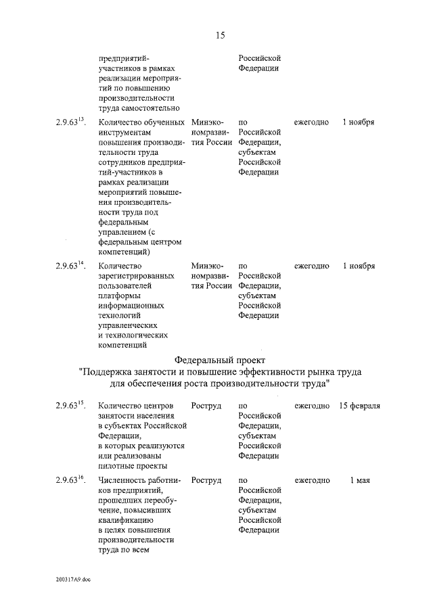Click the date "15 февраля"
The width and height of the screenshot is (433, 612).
pos(359,406)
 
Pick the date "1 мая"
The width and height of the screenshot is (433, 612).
pos(359,480)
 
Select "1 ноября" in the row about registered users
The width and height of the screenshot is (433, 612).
pos(359,266)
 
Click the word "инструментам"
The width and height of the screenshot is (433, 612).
pos(127,133)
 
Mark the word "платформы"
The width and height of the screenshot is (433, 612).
pos(119,296)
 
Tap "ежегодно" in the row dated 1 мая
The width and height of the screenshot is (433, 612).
pos(311,480)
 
